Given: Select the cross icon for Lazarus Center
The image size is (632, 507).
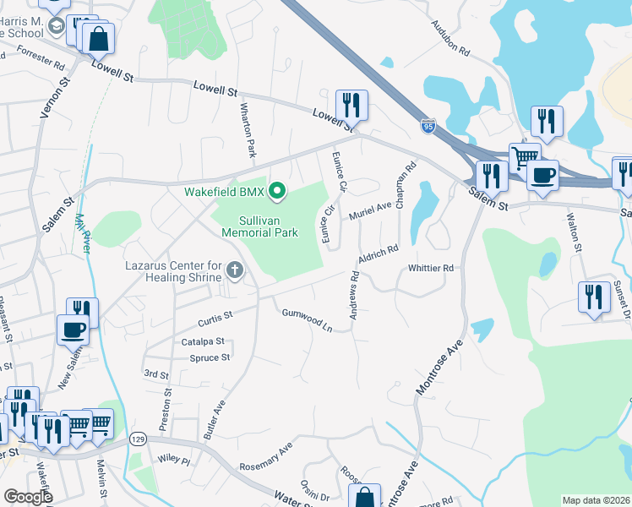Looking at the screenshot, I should (x=235, y=270).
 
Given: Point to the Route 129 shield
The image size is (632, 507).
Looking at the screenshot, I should (x=139, y=439).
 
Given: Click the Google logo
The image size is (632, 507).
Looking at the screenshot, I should (x=29, y=497).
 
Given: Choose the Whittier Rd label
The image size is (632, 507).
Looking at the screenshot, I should (x=431, y=268).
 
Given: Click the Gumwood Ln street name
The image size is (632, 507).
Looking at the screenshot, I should (x=307, y=320).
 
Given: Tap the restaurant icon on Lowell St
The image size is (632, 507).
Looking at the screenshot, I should (x=351, y=106).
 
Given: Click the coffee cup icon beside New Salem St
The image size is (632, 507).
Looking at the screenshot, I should (x=73, y=329).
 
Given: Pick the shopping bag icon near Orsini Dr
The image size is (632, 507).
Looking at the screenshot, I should (x=366, y=497).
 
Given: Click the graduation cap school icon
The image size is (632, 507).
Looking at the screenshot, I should (x=57, y=25).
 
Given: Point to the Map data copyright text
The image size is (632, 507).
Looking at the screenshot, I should (x=597, y=500).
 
